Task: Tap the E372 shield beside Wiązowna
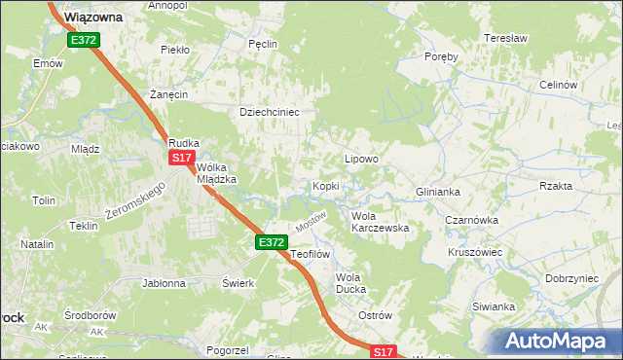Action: tap(83, 40)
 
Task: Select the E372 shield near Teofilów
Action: tap(272, 241)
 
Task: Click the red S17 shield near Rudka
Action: tap(181, 158)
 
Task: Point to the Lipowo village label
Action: tap(361, 158)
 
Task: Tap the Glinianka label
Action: tap(437, 192)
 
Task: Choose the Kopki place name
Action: tap(325, 185)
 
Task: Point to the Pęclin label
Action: tap(263, 44)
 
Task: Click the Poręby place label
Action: tap(441, 56)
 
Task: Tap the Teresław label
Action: tap(505, 38)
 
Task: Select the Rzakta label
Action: tap(555, 184)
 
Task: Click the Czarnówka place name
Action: tap(472, 220)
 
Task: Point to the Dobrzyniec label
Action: tap(571, 278)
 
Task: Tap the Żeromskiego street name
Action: tap(137, 198)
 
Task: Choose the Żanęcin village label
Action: tap(168, 94)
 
